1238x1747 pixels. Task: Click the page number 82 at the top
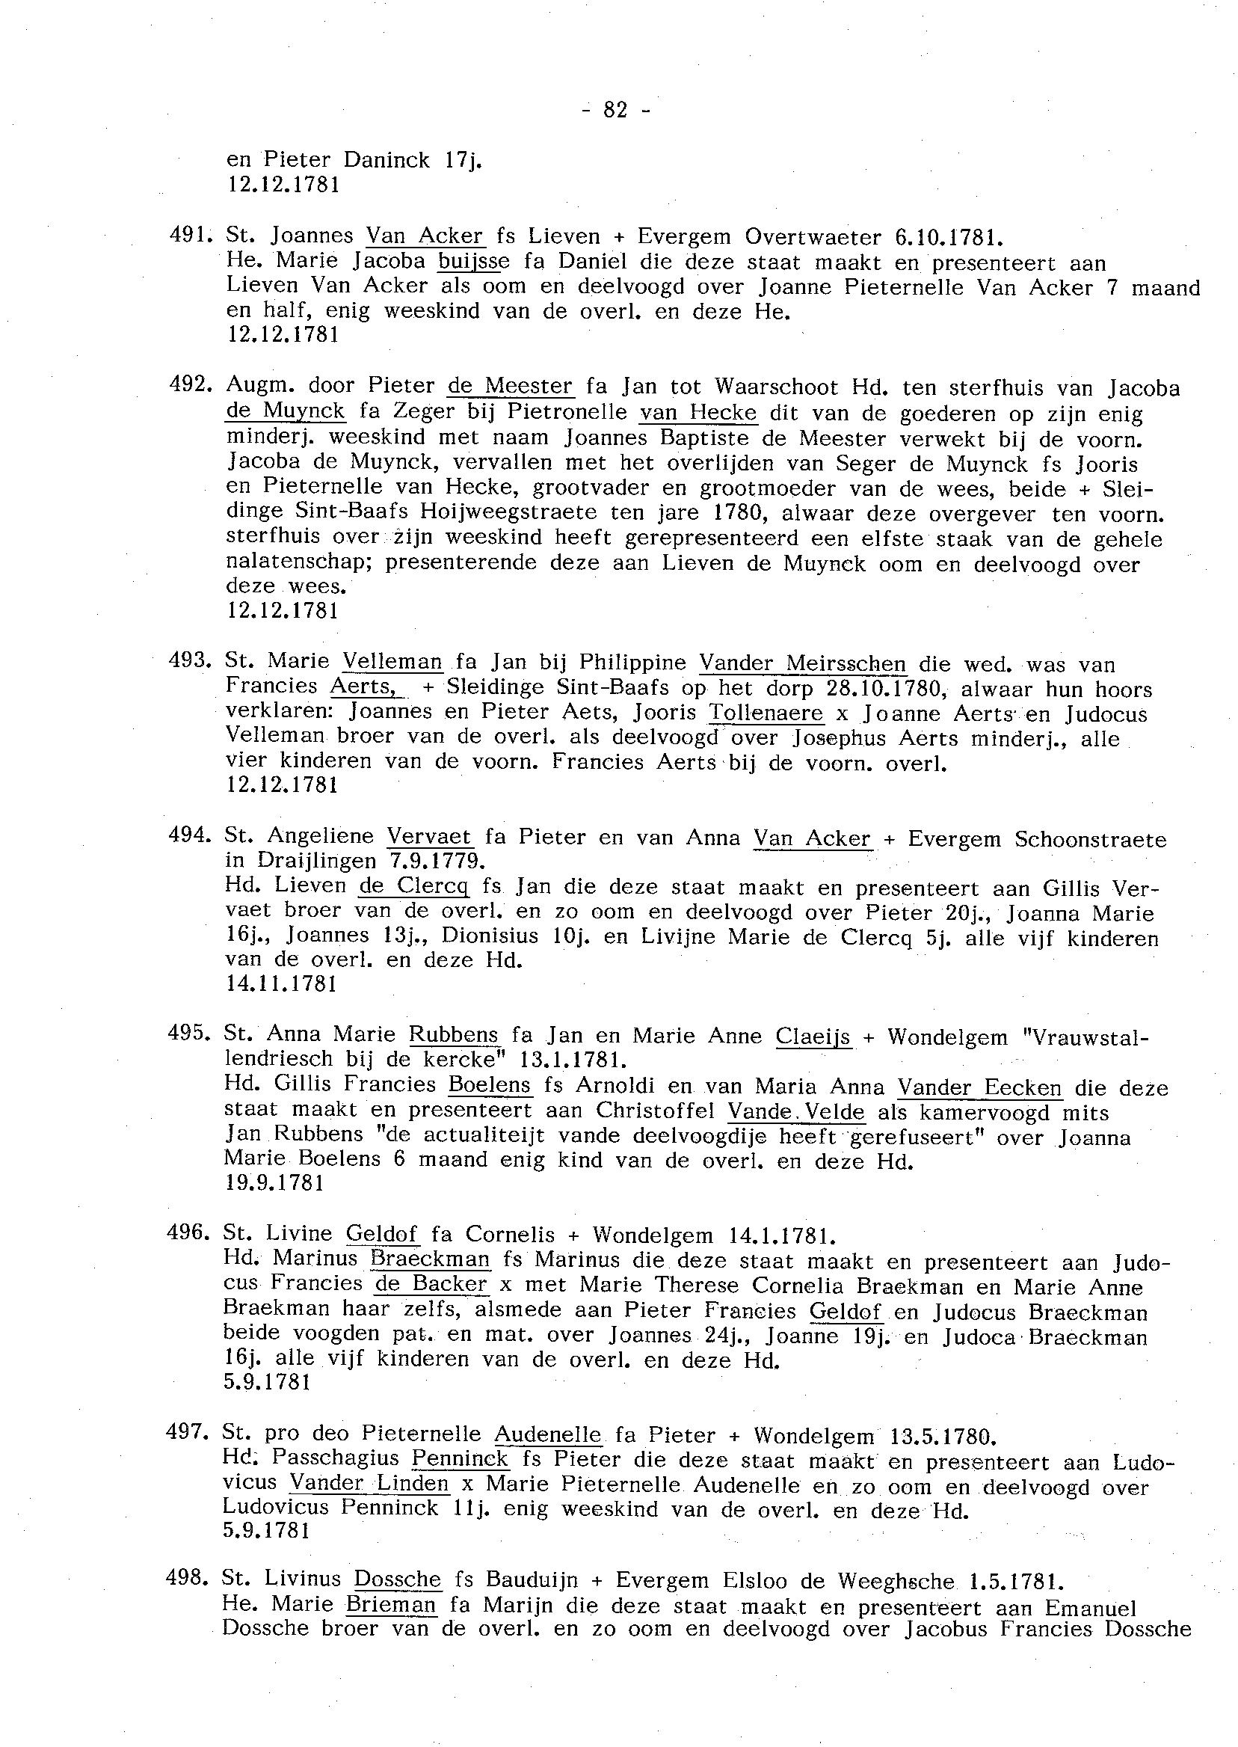click(x=615, y=111)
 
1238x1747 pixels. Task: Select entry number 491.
click(x=186, y=236)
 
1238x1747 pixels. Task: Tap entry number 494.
click(x=187, y=837)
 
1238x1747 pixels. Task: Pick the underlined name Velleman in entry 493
click(x=392, y=662)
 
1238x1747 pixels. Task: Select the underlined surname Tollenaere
click(x=766, y=713)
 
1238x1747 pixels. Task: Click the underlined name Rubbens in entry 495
click(x=454, y=1035)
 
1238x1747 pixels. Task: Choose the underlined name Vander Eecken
click(x=979, y=1087)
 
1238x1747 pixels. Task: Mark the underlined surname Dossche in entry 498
click(x=398, y=1579)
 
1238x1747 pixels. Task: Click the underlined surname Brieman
click(x=392, y=1603)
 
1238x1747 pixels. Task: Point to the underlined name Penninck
click(x=460, y=1459)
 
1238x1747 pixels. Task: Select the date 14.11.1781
click(x=281, y=984)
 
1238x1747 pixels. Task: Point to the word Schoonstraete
click(x=1090, y=839)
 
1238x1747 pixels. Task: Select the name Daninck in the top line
click(x=387, y=160)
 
